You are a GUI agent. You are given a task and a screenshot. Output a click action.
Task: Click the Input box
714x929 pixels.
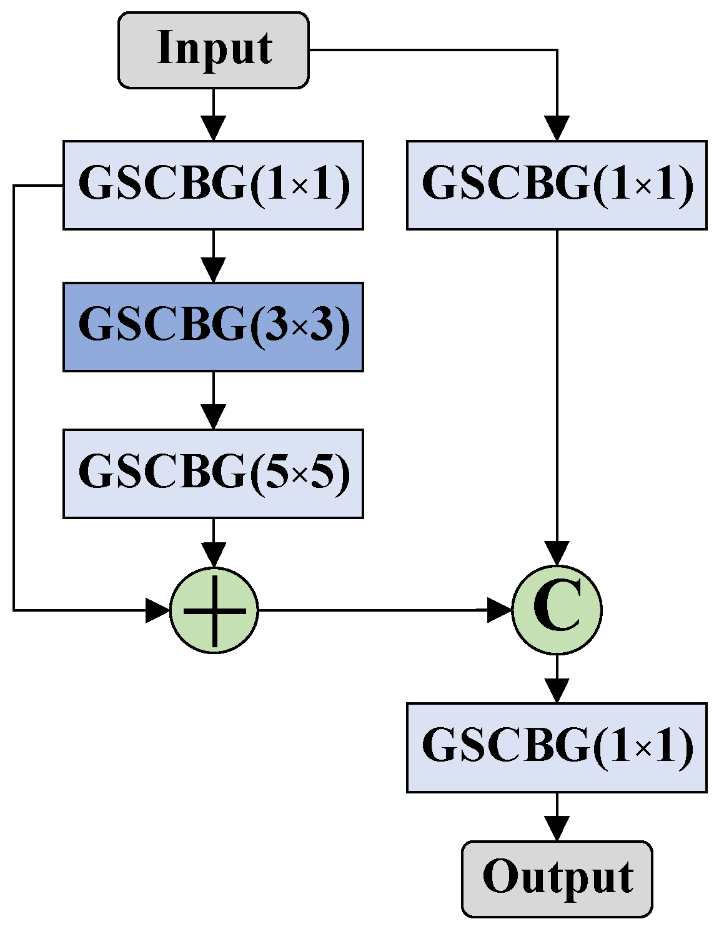(x=214, y=49)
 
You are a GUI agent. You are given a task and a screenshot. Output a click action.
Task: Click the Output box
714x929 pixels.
(x=557, y=878)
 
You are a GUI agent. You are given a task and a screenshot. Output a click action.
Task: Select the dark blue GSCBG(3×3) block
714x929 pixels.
(x=213, y=327)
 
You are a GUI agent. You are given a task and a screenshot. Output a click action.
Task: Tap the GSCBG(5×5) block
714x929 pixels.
(x=213, y=473)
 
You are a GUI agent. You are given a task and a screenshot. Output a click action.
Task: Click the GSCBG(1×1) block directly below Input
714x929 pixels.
(x=213, y=185)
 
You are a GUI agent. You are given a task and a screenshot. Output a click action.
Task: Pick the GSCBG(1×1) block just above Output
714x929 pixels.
(x=557, y=747)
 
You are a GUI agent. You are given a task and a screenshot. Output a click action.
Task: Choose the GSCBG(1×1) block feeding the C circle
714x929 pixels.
(x=557, y=185)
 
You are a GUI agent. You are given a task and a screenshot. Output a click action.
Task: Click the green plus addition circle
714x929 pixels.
(x=214, y=610)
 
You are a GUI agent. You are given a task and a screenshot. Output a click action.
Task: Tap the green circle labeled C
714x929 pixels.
(x=557, y=610)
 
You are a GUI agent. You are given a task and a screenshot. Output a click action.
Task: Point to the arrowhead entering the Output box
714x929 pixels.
(x=557, y=828)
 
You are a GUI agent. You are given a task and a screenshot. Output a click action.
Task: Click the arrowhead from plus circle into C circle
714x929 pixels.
(x=499, y=610)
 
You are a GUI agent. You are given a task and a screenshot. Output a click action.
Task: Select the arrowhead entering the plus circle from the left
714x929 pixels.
(x=157, y=610)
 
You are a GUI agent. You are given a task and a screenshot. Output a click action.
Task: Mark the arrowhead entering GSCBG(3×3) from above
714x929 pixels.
(x=214, y=271)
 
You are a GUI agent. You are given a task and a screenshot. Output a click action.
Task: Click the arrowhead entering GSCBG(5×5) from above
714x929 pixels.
(x=214, y=417)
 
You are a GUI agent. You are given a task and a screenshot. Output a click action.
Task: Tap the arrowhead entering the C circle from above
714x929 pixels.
(x=557, y=554)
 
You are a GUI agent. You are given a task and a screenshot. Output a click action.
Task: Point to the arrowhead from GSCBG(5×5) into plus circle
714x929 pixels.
(x=214, y=555)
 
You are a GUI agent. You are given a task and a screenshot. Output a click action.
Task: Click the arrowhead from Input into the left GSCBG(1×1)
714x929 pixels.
(x=214, y=128)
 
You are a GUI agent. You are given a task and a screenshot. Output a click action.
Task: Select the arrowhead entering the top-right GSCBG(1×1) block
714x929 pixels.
(x=557, y=128)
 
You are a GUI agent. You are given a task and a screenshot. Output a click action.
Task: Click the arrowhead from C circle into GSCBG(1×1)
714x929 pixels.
(x=557, y=690)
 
